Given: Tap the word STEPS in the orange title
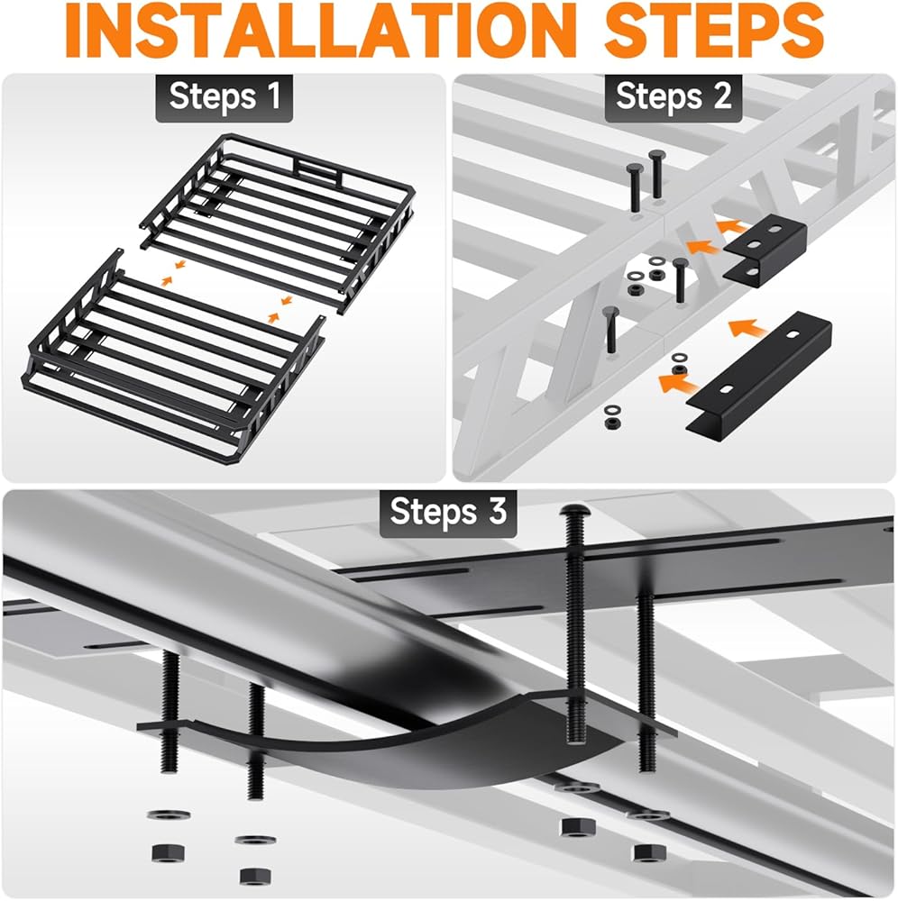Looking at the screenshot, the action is (x=715, y=31).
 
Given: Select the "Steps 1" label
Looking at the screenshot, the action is (x=224, y=96).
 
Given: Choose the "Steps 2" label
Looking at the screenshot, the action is (x=673, y=96).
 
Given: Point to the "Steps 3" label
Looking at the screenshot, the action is (x=448, y=512).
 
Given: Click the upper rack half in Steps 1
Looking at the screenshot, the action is (x=277, y=222).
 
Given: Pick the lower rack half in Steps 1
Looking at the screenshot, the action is (x=172, y=356).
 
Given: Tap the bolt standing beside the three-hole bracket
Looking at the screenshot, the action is (x=680, y=280).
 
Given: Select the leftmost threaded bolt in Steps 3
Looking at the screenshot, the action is (x=170, y=713).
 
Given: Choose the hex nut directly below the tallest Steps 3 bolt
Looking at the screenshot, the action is (x=577, y=828).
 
